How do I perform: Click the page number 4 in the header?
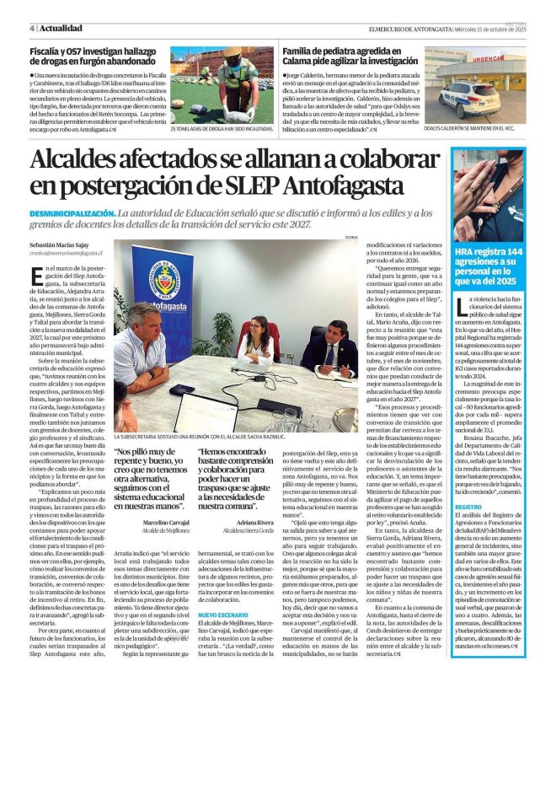point(31,28)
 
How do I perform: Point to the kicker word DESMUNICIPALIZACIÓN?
point(71,214)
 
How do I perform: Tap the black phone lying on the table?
point(181,389)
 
